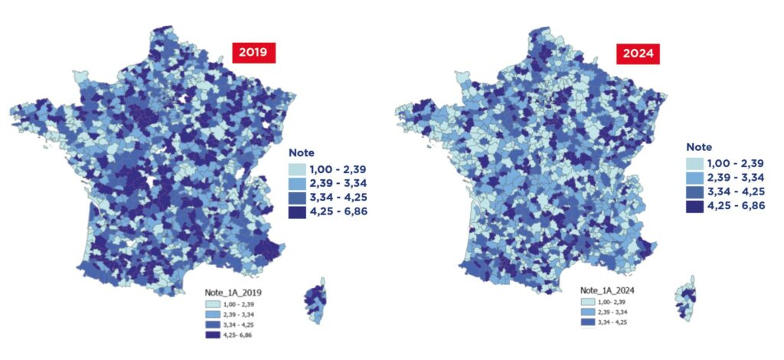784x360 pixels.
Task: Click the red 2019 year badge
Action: coord(253,54)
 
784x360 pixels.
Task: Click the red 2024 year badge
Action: coord(638,54)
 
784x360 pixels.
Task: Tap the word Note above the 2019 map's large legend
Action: coord(302,153)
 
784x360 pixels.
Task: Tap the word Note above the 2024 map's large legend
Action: coord(699,147)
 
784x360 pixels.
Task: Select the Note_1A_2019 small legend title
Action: coord(233,293)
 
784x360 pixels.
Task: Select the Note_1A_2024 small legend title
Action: coord(608,291)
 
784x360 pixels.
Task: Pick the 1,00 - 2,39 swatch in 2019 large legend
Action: coord(299,169)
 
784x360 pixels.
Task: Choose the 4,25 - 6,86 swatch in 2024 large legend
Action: coord(695,207)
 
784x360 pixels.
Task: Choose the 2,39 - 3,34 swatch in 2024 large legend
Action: coord(695,178)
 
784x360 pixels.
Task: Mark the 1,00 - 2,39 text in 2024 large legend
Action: coord(737,163)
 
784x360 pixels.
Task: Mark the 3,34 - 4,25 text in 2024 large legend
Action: coord(737,192)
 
